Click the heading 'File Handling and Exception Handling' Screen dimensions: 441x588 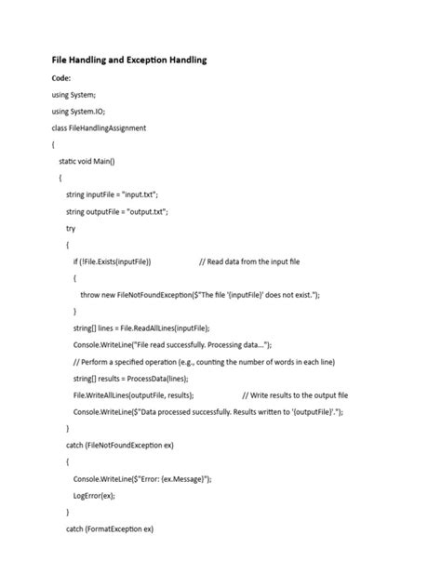pyautogui.click(x=128, y=60)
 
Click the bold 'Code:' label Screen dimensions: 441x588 pyautogui.click(x=62, y=78)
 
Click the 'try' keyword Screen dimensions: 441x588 pyautogui.click(x=71, y=228)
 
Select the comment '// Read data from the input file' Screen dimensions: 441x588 pyautogui.click(x=249, y=261)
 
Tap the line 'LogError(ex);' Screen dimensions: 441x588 pyautogui.click(x=94, y=495)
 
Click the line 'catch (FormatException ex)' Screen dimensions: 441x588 pyautogui.click(x=109, y=528)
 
